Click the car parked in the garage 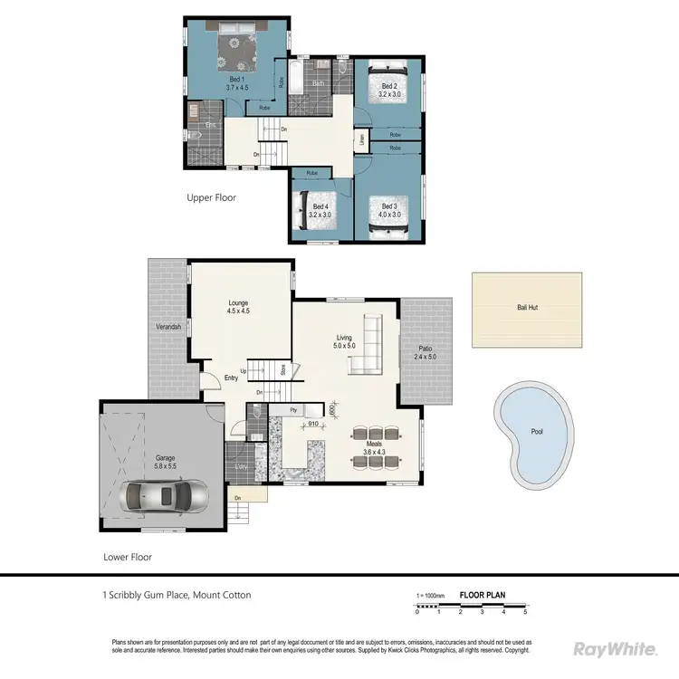[166, 495]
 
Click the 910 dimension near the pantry [312, 423]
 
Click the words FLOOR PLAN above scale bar [483, 595]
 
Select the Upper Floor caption [211, 197]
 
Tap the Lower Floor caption [127, 558]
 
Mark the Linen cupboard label [361, 140]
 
